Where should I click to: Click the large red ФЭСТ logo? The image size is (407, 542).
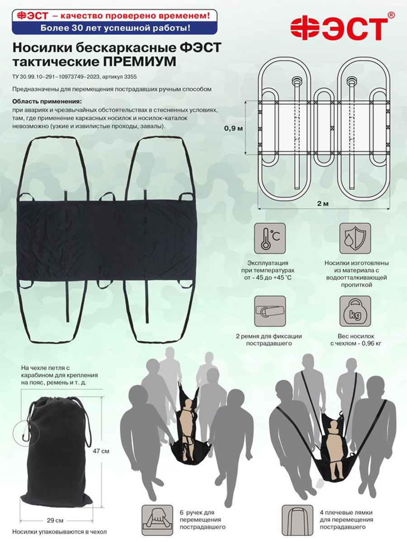[x=339, y=28]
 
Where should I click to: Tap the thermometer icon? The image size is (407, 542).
[x=270, y=238]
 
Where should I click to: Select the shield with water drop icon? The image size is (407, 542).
[x=355, y=238]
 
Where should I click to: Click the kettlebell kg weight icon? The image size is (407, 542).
[x=355, y=311]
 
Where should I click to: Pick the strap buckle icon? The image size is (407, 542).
[x=270, y=311]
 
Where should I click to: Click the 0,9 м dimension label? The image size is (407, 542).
[x=233, y=128]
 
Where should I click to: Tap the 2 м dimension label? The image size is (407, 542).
[x=323, y=204]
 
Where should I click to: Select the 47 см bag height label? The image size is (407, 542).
[x=101, y=451]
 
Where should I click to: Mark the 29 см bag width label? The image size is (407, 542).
[x=55, y=520]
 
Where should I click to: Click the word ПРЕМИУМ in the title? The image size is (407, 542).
[x=139, y=62]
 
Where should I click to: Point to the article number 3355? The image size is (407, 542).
[x=130, y=77]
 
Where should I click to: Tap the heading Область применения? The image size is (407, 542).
[x=47, y=102]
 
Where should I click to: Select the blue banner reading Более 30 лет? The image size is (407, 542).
[x=115, y=28]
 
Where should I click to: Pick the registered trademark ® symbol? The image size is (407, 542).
[x=392, y=15]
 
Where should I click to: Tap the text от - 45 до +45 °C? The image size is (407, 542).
[x=268, y=277]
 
